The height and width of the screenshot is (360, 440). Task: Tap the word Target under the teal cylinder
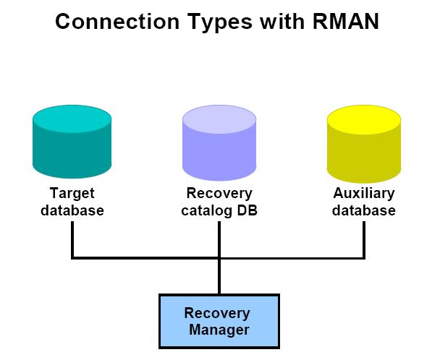(72, 194)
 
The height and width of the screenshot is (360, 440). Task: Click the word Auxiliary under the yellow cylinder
(364, 194)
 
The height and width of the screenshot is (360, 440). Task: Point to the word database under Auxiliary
(364, 211)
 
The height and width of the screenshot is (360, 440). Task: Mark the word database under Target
(72, 211)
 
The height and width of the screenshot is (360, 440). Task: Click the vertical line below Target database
(72, 239)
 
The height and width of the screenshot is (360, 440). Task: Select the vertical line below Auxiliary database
(364, 239)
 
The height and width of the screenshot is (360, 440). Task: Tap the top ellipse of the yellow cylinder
(364, 119)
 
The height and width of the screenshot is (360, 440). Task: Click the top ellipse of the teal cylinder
(72, 119)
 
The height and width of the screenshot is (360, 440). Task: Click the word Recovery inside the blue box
(217, 314)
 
